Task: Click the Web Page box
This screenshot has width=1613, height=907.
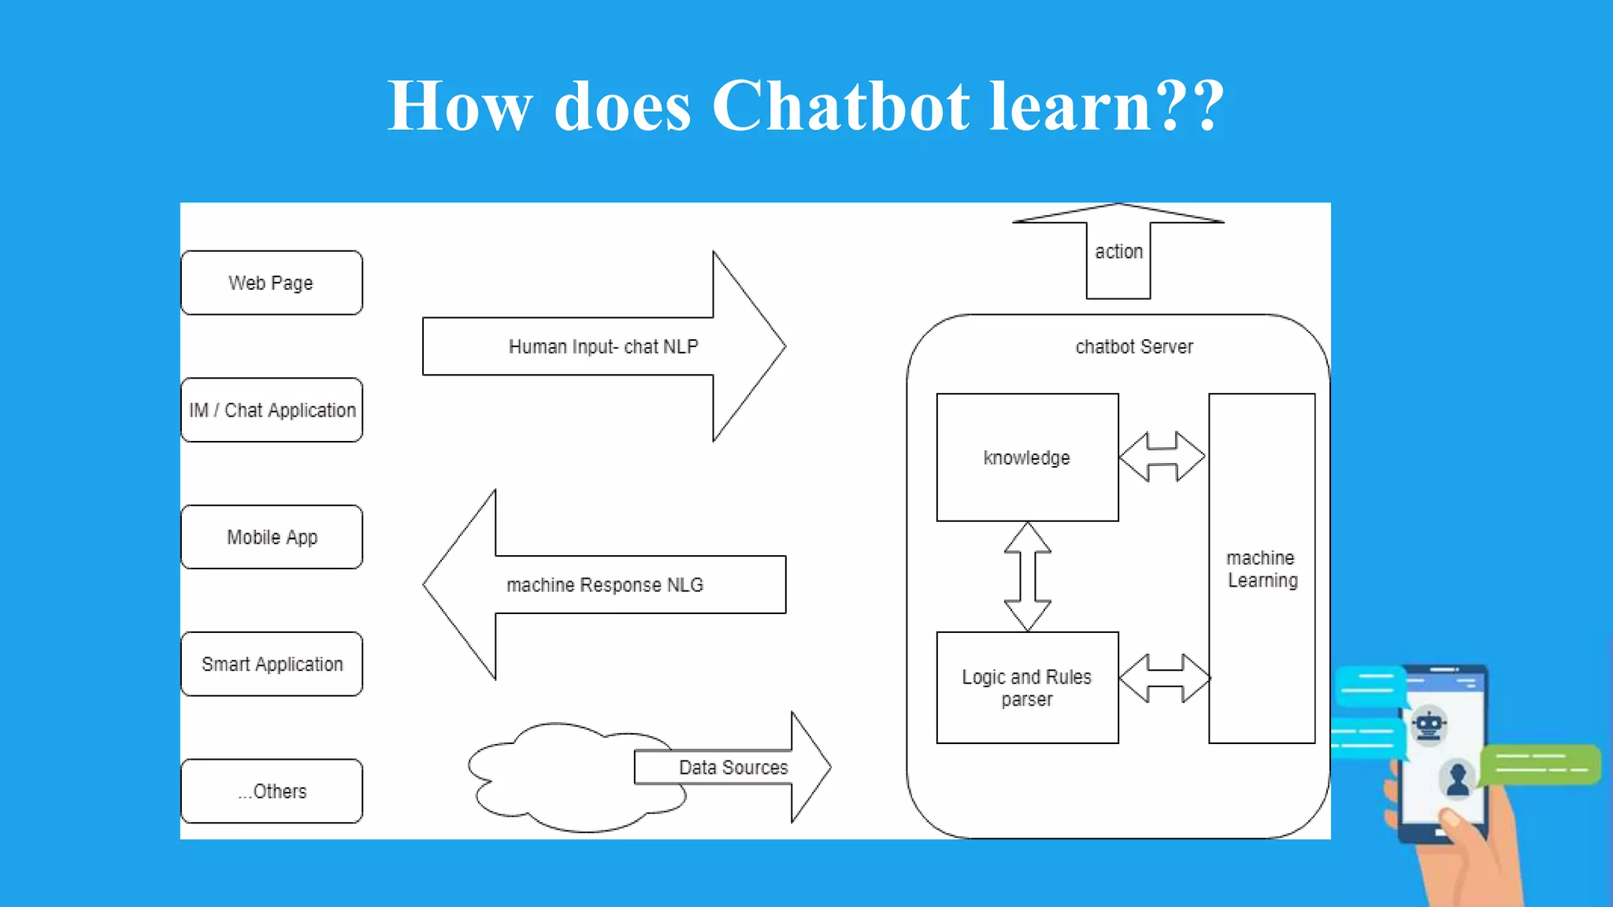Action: [272, 283]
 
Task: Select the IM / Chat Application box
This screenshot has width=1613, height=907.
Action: [272, 410]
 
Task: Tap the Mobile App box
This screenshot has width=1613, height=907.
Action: [272, 537]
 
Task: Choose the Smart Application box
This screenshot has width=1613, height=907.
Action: [272, 664]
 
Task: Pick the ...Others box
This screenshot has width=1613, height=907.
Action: [272, 791]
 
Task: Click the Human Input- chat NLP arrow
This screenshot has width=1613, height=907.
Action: [603, 346]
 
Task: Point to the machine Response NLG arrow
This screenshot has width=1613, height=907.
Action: [604, 585]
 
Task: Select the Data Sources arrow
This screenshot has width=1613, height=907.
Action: [732, 768]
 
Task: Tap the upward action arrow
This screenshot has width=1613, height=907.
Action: [1118, 252]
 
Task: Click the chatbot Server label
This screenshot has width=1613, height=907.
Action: [1134, 346]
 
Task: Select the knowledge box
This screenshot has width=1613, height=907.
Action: [1027, 457]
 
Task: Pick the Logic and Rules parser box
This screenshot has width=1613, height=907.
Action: [1027, 687]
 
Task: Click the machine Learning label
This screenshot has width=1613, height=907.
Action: [1262, 568]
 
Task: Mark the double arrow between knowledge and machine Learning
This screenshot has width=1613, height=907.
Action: [1162, 457]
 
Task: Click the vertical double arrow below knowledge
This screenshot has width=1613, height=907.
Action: [1027, 576]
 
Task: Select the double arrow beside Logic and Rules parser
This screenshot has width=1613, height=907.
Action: [1164, 678]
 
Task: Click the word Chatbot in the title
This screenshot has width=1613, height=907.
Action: [840, 106]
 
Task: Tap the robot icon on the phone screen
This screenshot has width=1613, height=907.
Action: [1429, 726]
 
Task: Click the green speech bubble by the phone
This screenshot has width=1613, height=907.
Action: [1541, 764]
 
